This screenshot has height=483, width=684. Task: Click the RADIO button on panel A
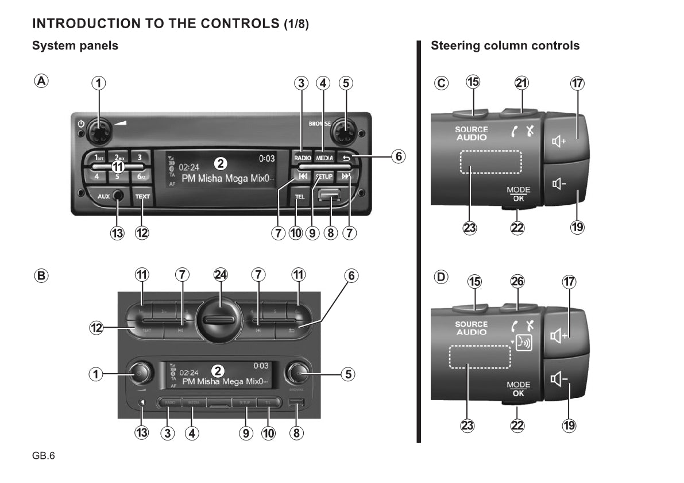(302, 158)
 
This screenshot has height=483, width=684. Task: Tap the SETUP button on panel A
(324, 177)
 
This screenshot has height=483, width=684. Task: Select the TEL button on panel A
(299, 197)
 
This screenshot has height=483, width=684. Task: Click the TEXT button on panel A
(142, 197)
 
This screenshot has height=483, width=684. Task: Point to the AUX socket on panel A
(117, 196)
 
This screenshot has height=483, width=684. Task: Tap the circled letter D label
(441, 278)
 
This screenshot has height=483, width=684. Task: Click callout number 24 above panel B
(221, 275)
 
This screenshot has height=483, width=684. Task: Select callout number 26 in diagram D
(518, 281)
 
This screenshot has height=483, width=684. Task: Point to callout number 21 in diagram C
(521, 83)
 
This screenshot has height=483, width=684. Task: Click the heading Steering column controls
(505, 46)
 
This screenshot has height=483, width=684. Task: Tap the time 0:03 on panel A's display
(266, 158)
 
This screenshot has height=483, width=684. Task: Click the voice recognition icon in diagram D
(524, 343)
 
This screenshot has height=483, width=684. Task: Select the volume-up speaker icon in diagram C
(559, 141)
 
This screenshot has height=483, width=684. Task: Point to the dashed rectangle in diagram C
(490, 162)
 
